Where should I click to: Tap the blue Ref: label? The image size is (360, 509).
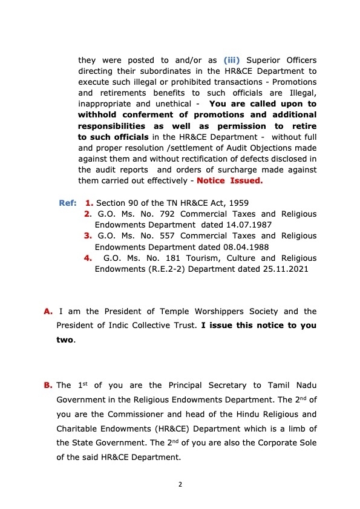point(68,203)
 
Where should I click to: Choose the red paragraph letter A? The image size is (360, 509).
point(48,312)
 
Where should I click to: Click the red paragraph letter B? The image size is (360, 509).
point(48,386)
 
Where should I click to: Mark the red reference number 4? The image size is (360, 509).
point(88,258)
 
